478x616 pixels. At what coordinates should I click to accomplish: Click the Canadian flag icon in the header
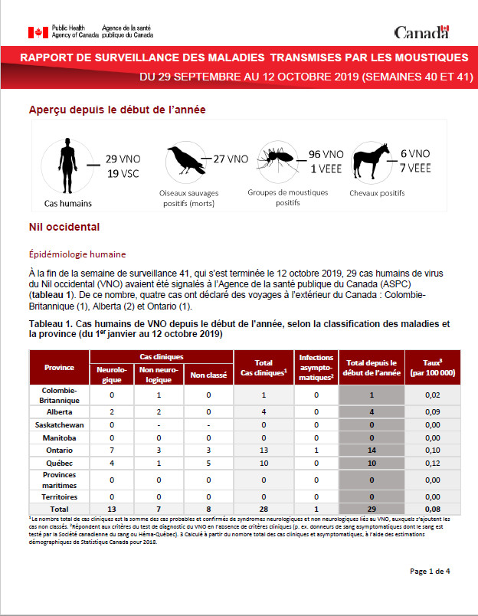coord(38,32)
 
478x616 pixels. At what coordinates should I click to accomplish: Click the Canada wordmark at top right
coord(421,32)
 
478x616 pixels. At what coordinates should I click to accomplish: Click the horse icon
coord(372,162)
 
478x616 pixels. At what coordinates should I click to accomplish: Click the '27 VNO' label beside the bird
coord(231,159)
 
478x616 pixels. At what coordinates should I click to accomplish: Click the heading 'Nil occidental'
coord(64,228)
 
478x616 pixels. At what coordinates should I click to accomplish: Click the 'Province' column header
coord(59,367)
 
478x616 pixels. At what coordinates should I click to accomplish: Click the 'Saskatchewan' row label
coord(59,424)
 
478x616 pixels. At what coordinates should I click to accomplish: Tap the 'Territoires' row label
coord(59,496)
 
